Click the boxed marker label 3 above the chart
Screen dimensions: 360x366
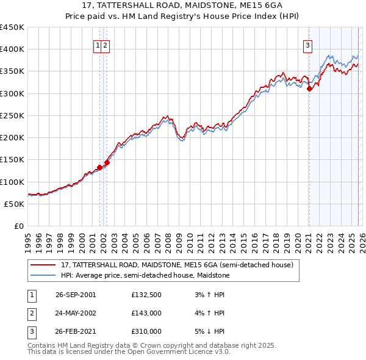pyautogui.click(x=308, y=45)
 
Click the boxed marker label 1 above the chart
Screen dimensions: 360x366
pyautogui.click(x=98, y=45)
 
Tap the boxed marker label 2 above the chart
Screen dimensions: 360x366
pyautogui.click(x=106, y=45)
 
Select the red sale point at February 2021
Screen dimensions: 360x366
pyautogui.click(x=309, y=89)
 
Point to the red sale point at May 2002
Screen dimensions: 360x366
pyautogui.click(x=107, y=163)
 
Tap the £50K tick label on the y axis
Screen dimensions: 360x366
pyautogui.click(x=14, y=204)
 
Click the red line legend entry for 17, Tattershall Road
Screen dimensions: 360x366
pyautogui.click(x=177, y=265)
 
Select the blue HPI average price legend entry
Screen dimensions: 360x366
pyautogui.click(x=145, y=276)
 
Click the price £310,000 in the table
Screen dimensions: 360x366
pyautogui.click(x=146, y=331)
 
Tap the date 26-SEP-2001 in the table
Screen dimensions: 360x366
pyautogui.click(x=76, y=295)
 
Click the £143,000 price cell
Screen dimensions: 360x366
pyautogui.click(x=146, y=313)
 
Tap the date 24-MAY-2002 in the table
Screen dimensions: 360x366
pyautogui.click(x=76, y=313)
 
